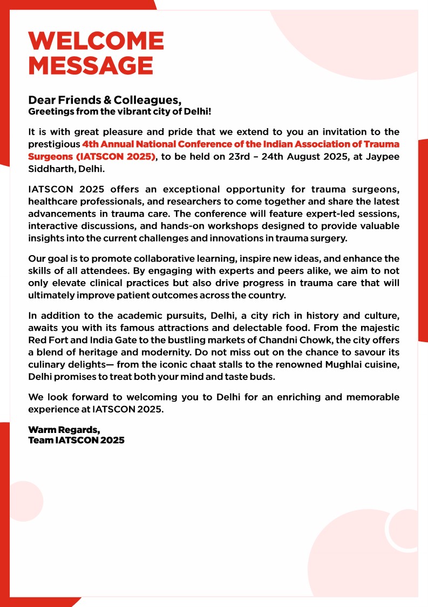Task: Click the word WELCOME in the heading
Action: tap(96, 41)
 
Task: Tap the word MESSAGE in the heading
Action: tap(90, 66)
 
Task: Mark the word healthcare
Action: tap(52, 201)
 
